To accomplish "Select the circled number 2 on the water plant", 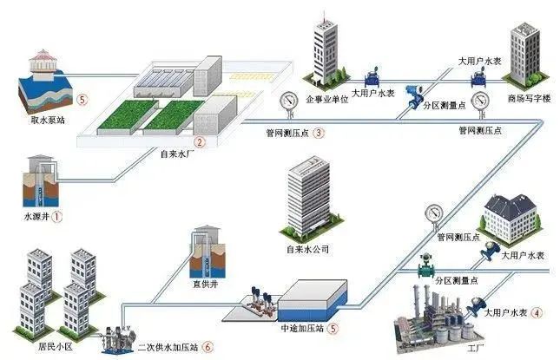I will click(200, 142).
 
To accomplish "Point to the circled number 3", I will click(319, 134).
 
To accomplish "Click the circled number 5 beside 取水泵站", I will click(82, 100).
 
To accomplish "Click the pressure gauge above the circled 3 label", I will click(287, 101).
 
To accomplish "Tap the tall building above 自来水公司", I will click(306, 195).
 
